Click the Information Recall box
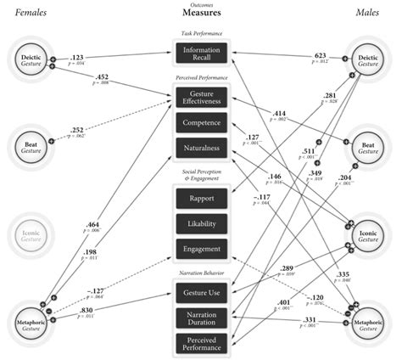click(x=201, y=54)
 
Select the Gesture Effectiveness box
click(x=201, y=98)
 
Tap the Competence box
click(x=201, y=124)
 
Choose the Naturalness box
click(x=201, y=149)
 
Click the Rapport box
click(x=201, y=200)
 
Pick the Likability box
click(x=201, y=224)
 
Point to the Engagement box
click(x=201, y=249)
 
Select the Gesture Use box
click(x=201, y=293)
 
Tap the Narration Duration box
click(x=201, y=319)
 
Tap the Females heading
click(x=26, y=13)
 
